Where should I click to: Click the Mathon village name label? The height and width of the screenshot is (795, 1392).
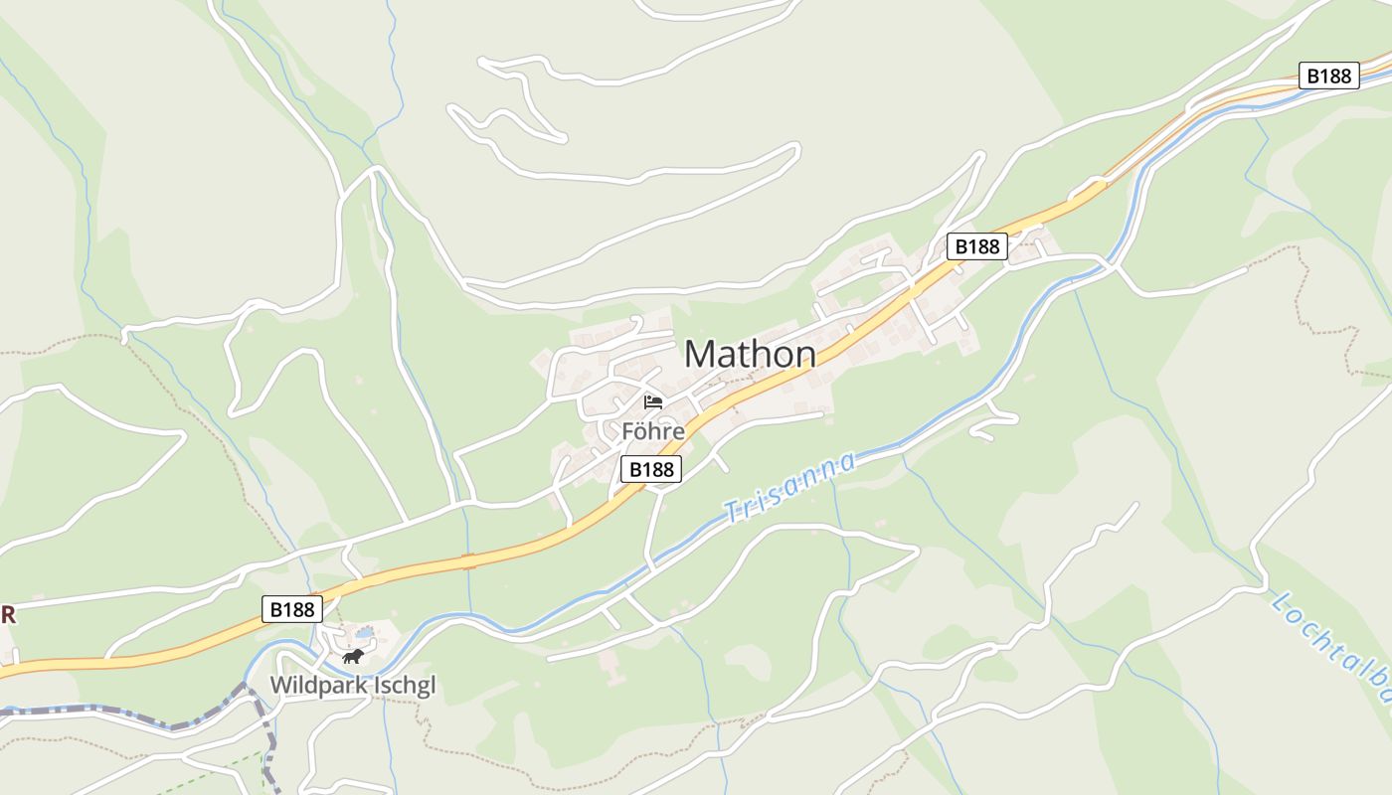point(750,354)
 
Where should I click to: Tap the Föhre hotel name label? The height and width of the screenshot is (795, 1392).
point(653,431)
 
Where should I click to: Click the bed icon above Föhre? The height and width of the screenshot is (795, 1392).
point(653,402)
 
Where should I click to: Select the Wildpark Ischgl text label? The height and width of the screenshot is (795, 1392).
point(353,685)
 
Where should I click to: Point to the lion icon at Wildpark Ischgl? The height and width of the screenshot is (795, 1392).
point(353,656)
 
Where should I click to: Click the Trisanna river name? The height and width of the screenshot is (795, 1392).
point(789,487)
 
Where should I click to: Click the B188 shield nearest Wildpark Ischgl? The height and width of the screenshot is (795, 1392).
point(293,609)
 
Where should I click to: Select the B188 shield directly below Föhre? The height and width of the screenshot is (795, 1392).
point(651,469)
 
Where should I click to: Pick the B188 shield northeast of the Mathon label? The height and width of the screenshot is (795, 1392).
point(976,246)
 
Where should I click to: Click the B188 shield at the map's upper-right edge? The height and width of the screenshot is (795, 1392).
point(1329,76)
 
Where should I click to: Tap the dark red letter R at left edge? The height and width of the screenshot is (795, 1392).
point(7,615)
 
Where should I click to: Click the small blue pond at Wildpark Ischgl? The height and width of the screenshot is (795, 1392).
point(365,632)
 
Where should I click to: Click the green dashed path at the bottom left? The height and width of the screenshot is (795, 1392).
point(214,770)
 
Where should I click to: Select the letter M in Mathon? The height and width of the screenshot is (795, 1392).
point(701,354)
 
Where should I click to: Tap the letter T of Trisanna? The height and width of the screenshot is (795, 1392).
point(735,513)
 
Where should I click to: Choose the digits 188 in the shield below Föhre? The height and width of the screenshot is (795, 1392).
point(657,469)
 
